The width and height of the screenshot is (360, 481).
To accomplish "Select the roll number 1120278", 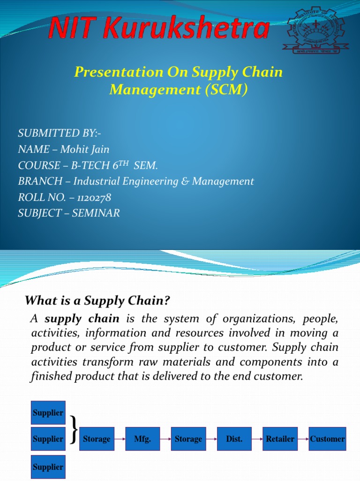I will click(x=92, y=197).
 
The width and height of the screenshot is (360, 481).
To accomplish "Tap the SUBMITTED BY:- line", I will click(x=60, y=133).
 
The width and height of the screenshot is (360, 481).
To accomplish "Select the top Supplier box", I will click(x=48, y=413).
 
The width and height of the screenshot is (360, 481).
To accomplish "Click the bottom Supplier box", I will click(x=48, y=466).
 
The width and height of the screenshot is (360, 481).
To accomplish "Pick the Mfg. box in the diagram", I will click(x=142, y=439).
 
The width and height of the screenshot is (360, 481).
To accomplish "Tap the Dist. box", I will click(x=234, y=439).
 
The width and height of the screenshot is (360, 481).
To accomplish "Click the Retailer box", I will click(x=280, y=439).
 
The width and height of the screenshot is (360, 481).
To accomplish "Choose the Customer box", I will click(x=327, y=439).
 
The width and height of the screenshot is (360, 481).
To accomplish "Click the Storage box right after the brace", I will click(x=97, y=439).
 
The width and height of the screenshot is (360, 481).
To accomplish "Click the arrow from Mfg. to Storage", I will click(x=165, y=439).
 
